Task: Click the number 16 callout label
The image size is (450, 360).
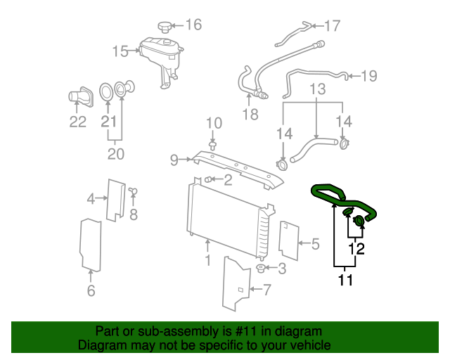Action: [193, 25]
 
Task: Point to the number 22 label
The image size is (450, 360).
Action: [77, 122]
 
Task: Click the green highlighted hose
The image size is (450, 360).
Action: [345, 200]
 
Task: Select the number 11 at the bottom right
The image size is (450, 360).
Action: [345, 281]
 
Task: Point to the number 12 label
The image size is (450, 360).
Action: [356, 248]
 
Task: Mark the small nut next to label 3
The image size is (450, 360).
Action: [261, 268]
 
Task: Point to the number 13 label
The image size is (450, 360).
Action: [318, 89]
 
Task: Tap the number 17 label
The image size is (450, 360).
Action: [331, 26]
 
